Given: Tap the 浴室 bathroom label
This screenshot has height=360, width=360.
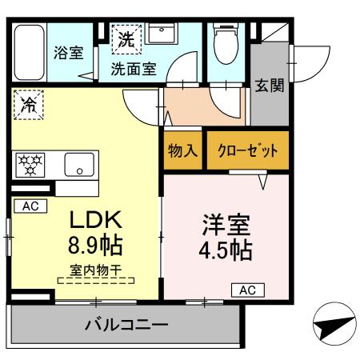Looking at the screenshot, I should (x=68, y=54).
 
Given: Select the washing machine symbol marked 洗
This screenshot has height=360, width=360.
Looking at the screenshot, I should (x=126, y=37).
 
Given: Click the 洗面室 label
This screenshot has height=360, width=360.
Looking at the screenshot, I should (x=133, y=68).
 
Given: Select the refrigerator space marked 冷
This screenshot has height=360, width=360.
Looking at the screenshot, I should (x=30, y=104).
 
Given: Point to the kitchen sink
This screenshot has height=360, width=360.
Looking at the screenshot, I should (x=80, y=165).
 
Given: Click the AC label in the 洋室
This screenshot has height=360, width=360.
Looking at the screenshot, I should (x=246, y=290).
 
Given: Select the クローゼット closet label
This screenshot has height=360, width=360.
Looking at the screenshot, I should (x=247, y=151).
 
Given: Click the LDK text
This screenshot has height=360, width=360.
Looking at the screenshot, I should (x=97, y=220).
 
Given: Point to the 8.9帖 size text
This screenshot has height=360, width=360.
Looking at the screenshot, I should (x=98, y=244).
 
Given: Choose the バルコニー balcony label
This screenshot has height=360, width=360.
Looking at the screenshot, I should (x=126, y=326).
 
